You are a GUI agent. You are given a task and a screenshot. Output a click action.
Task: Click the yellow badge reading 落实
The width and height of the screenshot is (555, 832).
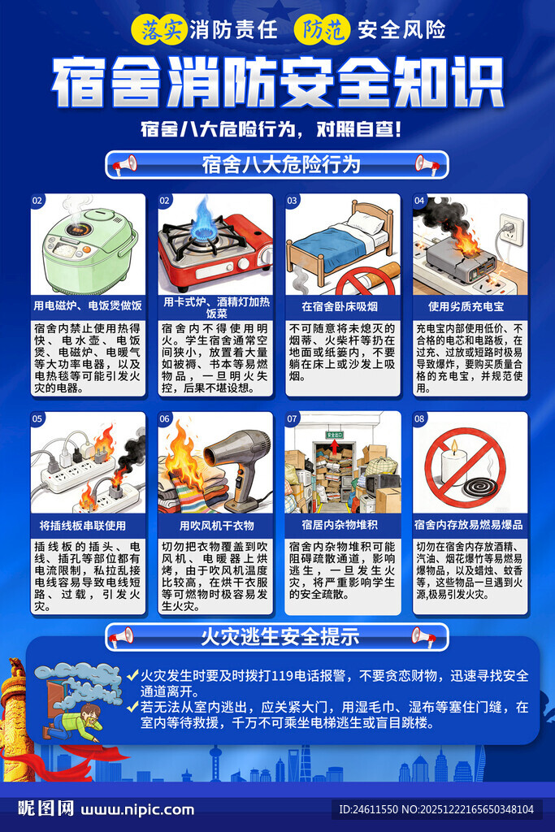coord(159,30)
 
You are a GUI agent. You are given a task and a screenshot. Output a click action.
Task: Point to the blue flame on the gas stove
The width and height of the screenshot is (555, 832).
coord(202,216)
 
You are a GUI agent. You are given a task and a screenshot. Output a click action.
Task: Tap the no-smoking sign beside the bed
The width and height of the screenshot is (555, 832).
coord(364,281)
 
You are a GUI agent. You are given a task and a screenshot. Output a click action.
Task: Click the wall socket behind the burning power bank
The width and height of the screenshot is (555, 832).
coord(509,229)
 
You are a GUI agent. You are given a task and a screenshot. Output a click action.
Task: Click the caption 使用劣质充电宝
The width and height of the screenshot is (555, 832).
coord(470,307)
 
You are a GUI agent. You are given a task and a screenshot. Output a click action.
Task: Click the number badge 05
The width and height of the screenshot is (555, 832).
coord(37,420)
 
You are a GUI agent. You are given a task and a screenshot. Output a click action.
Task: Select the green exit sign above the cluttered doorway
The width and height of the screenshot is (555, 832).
coord(335,435)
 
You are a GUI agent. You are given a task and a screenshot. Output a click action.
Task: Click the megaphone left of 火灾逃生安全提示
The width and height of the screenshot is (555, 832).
coord(122,636)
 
